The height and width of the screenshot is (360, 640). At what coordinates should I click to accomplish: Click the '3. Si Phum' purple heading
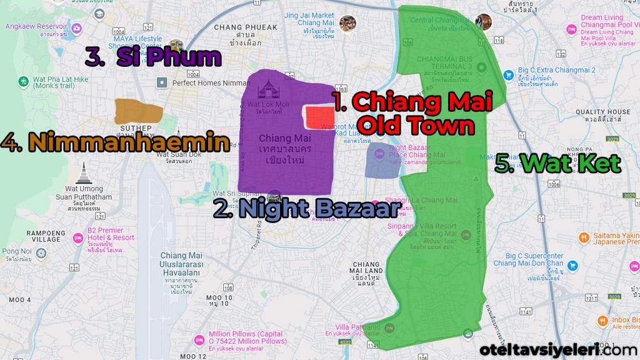(154, 58)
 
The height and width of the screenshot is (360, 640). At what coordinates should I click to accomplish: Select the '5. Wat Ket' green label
(557, 163)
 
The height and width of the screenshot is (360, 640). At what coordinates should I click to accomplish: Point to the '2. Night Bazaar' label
(306, 207)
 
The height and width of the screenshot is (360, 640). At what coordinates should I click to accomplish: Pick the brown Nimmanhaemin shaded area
(138, 111)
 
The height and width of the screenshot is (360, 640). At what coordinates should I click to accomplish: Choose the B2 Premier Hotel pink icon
(78, 238)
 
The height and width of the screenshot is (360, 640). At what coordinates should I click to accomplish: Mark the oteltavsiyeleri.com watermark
(559, 349)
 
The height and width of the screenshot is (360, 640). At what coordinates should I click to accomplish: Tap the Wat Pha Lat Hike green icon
(23, 81)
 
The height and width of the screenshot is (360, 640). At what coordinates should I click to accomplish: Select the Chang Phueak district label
(245, 27)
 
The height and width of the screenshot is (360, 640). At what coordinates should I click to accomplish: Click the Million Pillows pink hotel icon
(199, 339)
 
